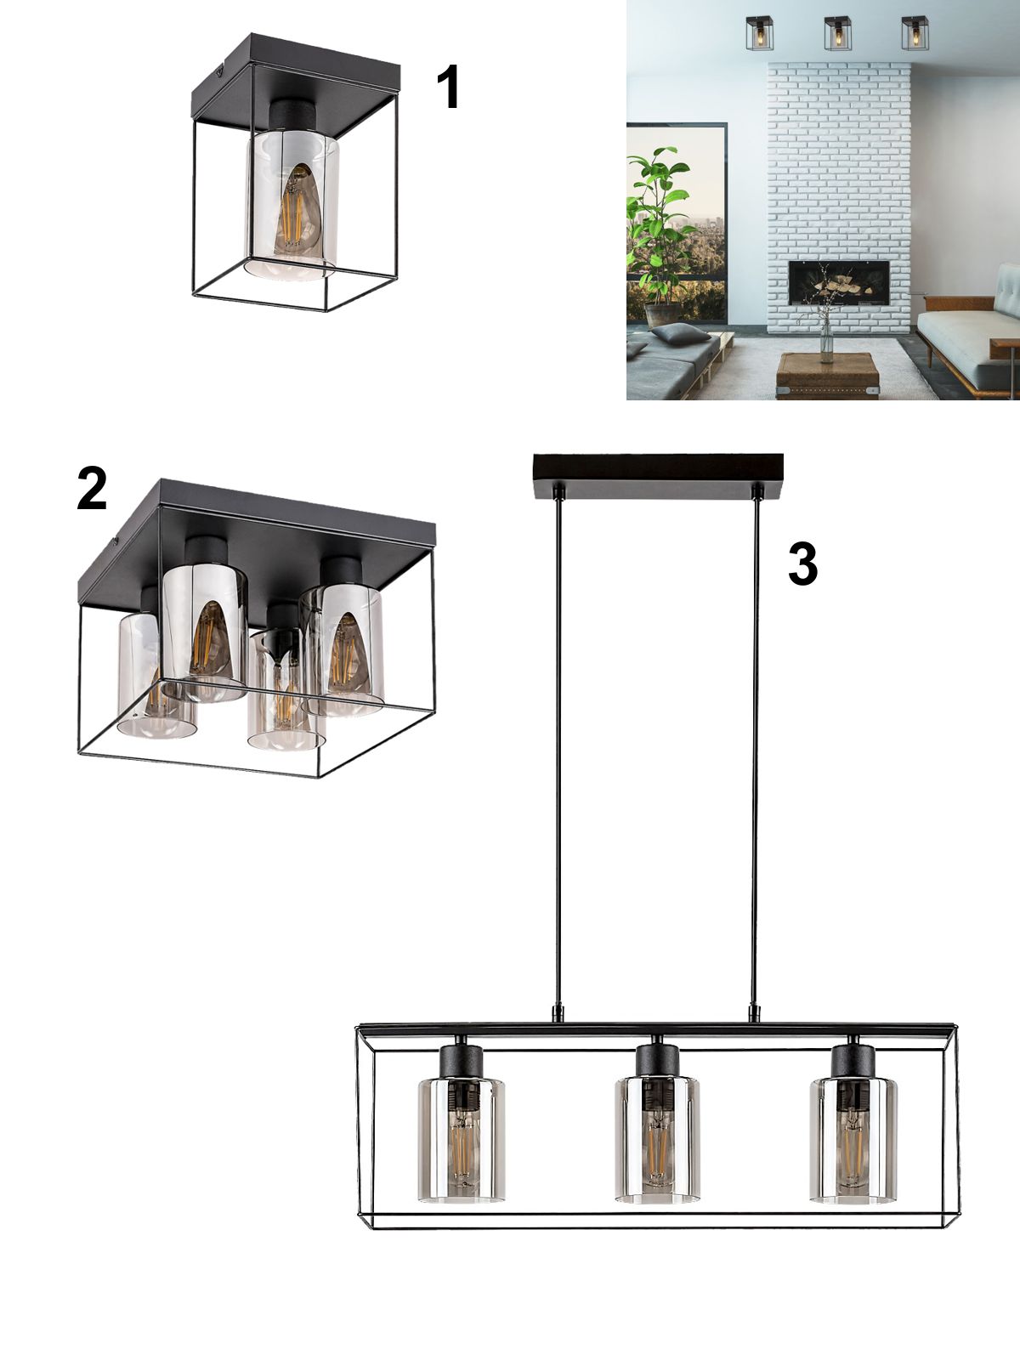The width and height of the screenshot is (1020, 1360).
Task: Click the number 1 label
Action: point(449,88)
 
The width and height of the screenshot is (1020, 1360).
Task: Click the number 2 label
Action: point(92,488)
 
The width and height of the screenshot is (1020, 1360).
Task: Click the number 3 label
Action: point(802,564)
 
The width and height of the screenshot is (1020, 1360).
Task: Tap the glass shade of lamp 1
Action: point(292,205)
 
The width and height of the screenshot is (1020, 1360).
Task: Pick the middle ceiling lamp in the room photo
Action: point(838,33)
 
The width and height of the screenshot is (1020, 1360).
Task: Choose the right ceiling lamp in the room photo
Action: point(915,33)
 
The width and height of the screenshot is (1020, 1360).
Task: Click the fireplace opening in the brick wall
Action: point(839,282)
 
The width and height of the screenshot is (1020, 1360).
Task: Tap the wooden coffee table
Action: point(827,376)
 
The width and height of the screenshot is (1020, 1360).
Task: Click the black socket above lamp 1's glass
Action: point(293,116)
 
